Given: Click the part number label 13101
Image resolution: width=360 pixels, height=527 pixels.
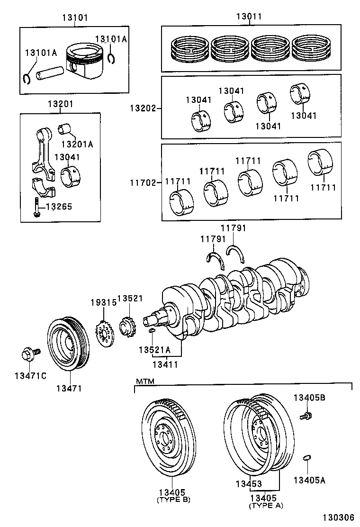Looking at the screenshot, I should click(x=75, y=18).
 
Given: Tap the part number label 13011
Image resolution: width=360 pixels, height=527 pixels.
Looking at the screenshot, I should click(x=249, y=17).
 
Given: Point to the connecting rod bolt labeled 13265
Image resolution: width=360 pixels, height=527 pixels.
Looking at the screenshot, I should click(x=36, y=207).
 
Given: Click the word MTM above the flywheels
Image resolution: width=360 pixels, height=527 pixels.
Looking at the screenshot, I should click(x=145, y=381).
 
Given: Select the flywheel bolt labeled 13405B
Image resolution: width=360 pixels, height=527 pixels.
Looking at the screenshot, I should click(x=306, y=416).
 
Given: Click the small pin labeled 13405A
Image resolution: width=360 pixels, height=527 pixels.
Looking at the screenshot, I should click(x=306, y=457).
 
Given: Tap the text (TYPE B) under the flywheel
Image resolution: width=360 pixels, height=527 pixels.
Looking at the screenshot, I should click(x=173, y=500).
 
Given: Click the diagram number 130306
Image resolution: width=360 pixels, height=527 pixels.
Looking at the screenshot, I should click(x=338, y=518).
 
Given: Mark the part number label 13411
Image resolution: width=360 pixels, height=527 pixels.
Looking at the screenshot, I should click(x=165, y=363).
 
